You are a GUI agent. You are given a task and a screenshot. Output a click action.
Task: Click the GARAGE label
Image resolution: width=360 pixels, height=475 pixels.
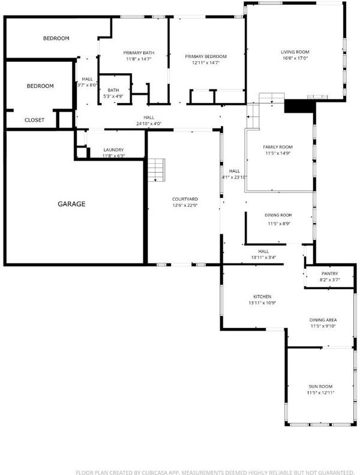coord(71,204)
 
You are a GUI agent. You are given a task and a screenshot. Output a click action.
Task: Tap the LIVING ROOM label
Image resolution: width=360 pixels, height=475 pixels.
coord(295,52)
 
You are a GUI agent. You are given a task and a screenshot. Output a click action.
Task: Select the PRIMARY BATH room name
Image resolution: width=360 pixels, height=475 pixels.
coord(139,53)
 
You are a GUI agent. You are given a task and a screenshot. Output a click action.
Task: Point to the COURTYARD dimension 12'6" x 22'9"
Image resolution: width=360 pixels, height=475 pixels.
coord(185,205)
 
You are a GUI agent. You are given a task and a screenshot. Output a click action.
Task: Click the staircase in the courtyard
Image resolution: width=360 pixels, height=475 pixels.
coord(157,170)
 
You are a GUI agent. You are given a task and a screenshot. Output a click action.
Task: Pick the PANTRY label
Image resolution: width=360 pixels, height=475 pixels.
coord(329,273)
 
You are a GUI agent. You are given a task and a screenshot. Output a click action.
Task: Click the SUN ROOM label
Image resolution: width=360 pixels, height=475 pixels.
coord(320,387)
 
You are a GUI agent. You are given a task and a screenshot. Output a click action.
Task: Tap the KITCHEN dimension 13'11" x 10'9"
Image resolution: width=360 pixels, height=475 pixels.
coord(262,303)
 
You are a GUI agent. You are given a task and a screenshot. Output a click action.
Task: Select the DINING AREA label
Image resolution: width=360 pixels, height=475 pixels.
coord(323,320)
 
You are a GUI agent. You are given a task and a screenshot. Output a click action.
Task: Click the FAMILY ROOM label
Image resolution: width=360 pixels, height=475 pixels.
coord(278,147)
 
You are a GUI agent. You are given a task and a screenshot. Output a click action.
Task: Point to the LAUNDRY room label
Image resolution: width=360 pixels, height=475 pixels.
coord(113,150)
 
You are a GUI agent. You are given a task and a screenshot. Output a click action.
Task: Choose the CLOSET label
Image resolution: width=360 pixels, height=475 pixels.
coord(35,120)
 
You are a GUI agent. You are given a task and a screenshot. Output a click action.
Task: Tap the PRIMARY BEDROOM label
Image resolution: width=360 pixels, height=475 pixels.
coord(206,56)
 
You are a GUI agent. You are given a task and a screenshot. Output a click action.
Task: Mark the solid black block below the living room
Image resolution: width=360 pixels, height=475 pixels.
coord(299,107)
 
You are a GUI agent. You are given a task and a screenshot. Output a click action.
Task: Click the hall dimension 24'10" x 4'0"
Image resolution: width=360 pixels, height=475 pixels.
coord(149,124)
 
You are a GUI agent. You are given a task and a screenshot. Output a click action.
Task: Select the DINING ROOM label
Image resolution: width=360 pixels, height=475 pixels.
coord(278,215)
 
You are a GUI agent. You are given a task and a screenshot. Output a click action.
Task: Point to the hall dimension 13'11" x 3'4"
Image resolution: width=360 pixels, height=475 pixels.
coord(263,258)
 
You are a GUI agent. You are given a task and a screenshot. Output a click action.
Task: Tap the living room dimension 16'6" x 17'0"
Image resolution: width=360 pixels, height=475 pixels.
coord(295,58)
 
